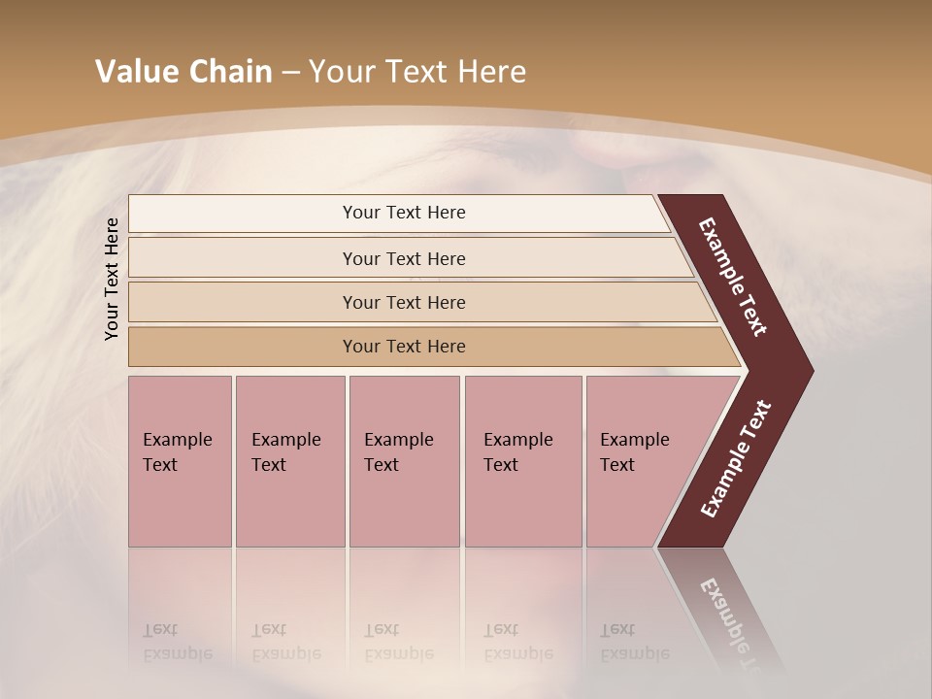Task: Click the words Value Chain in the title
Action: tap(183, 72)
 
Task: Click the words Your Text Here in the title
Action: tap(417, 72)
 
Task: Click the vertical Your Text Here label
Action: tap(112, 279)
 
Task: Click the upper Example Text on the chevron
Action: tap(733, 277)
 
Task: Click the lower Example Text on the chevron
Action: tap(736, 458)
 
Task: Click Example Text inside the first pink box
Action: tap(177, 451)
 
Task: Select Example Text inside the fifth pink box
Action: tap(634, 451)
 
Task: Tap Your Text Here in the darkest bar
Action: tap(404, 347)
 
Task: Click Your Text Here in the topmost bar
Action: tap(404, 213)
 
